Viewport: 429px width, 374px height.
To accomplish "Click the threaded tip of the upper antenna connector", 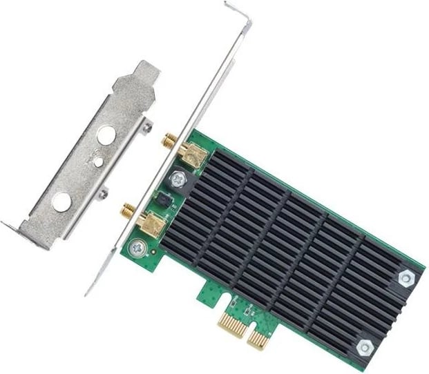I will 168,142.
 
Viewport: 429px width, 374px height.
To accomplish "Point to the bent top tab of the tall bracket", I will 238,13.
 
